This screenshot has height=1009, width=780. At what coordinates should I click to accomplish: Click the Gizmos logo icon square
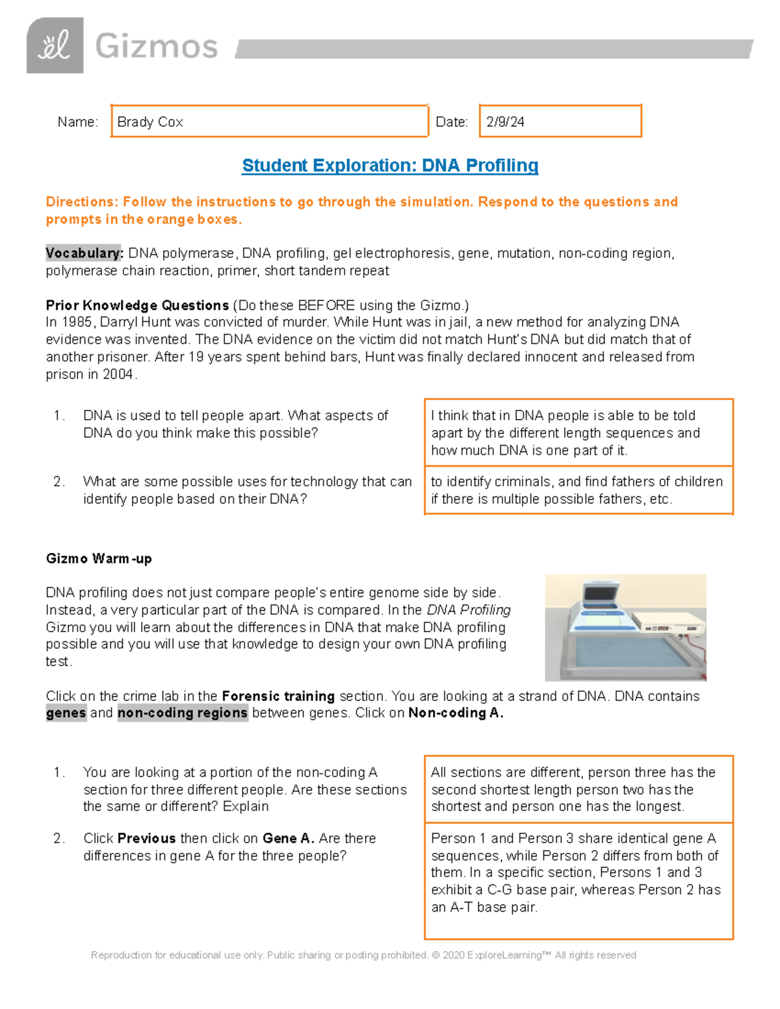point(55,45)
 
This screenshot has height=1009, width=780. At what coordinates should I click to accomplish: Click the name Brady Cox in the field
point(150,122)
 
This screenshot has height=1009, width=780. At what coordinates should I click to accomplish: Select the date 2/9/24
point(505,122)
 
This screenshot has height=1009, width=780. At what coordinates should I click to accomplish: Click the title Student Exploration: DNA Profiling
point(390,166)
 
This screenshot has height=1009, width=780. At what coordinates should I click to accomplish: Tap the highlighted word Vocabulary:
point(84,253)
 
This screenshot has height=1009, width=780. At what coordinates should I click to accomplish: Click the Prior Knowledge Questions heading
point(137,305)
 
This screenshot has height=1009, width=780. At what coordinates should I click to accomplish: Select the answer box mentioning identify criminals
point(578,491)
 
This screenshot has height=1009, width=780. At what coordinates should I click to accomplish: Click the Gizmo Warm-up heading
point(99,559)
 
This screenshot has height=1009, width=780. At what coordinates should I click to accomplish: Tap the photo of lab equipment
point(625,627)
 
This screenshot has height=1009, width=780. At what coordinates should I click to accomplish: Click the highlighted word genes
point(66,713)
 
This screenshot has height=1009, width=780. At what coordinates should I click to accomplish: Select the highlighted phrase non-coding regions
point(183,713)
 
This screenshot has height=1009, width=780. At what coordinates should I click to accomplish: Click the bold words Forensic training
point(278,696)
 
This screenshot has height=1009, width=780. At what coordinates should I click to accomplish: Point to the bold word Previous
point(147,839)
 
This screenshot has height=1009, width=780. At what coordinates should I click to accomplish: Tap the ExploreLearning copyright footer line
point(363,955)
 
